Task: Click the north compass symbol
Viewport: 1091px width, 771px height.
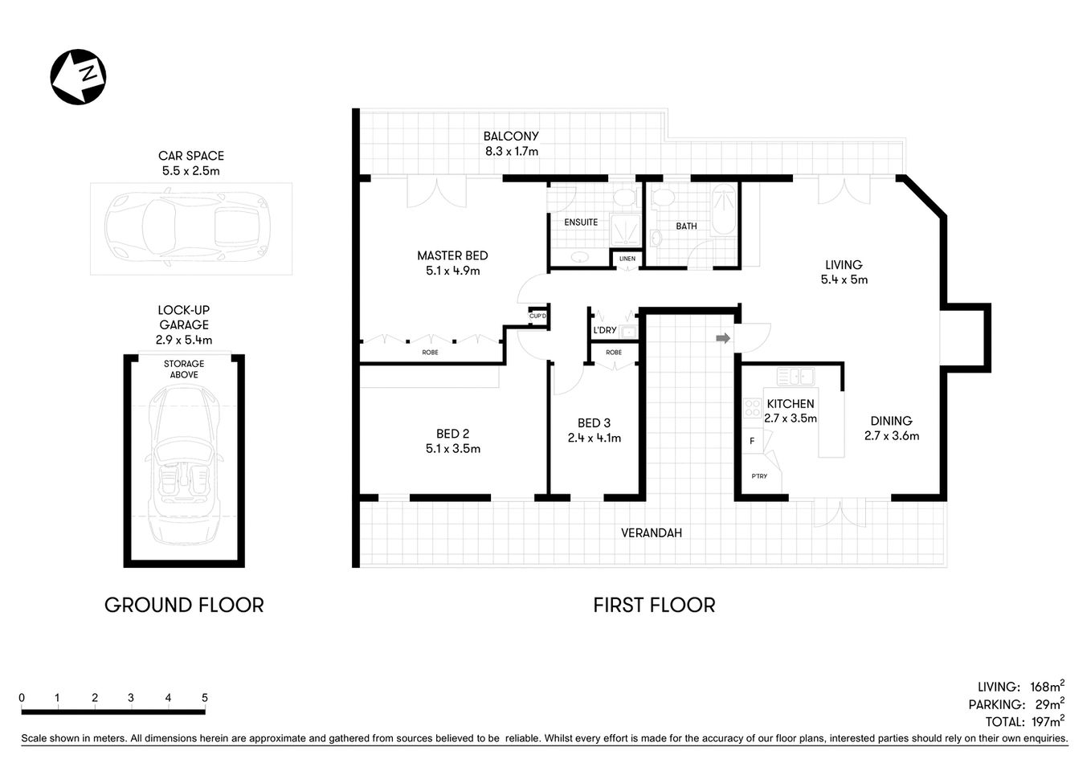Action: point(78,77)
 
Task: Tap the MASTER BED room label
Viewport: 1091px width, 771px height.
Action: point(452,255)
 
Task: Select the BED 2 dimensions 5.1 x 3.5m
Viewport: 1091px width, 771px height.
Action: point(453,449)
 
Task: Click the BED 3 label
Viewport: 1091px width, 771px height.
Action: point(594,423)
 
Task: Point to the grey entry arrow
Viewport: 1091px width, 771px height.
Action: point(723,338)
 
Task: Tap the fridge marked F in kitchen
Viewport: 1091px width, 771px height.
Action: point(752,441)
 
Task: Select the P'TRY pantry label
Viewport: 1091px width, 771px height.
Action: point(759,476)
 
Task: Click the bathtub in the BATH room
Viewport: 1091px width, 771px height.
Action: point(725,210)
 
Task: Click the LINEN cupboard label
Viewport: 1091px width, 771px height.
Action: point(627,259)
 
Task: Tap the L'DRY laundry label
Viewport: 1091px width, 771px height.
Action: point(605,330)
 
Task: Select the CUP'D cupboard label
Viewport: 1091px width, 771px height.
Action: point(537,316)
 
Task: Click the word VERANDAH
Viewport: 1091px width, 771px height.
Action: point(652,532)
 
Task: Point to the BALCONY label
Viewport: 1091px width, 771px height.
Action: point(511,137)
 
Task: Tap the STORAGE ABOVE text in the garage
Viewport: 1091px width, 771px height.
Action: point(184,369)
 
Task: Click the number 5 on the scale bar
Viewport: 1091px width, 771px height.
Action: point(205,698)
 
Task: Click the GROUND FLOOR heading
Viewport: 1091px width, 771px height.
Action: point(184,605)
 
